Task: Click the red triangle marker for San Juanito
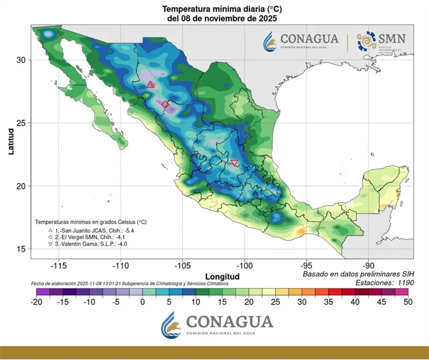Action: [x=150, y=85]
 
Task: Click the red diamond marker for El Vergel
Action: [x=165, y=104]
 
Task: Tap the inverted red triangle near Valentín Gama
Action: [x=235, y=163]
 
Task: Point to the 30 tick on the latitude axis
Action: [x=21, y=60]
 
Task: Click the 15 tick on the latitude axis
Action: [x=21, y=249]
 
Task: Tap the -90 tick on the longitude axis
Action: [x=368, y=264]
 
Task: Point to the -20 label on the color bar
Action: [x=36, y=302]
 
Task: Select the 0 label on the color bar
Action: [x=142, y=302]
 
